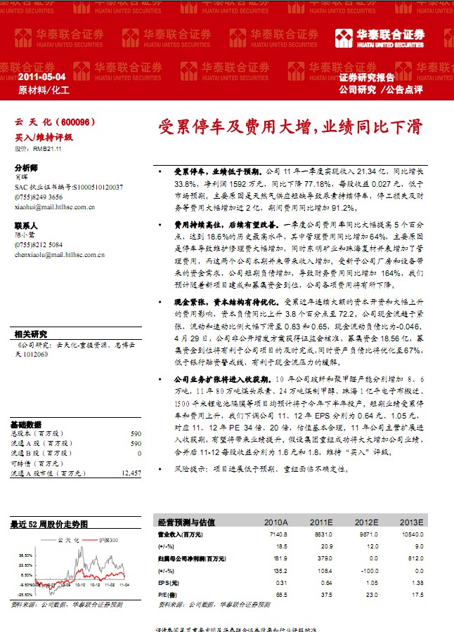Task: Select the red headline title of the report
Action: pyautogui.click(x=290, y=127)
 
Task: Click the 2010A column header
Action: pyautogui.click(x=275, y=522)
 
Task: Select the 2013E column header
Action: pyautogui.click(x=410, y=522)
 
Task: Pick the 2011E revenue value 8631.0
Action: pyautogui.click(x=322, y=534)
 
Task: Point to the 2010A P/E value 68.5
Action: pyautogui.click(x=281, y=593)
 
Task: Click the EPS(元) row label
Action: pyautogui.click(x=167, y=582)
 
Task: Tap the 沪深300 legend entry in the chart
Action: pyautogui.click(x=108, y=539)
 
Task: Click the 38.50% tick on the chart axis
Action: pyautogui.click(x=26, y=555)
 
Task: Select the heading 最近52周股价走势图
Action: pyautogui.click(x=49, y=524)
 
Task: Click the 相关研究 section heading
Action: pyautogui.click(x=30, y=334)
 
